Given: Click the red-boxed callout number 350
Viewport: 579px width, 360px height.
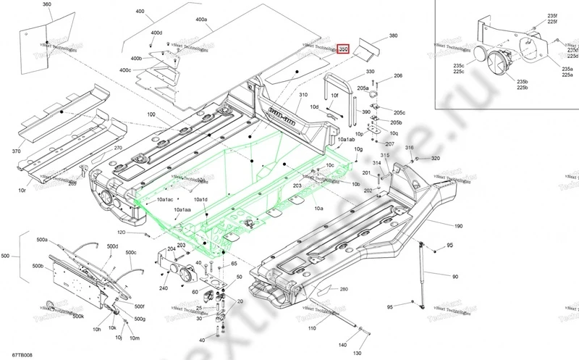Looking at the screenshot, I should tap(344, 49).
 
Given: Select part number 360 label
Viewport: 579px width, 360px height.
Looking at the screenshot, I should tap(47, 4).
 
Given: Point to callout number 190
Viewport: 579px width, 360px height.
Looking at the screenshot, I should tap(458, 226).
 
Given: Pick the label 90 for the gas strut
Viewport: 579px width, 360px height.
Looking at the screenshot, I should tap(455, 277).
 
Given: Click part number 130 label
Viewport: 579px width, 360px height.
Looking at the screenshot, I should tap(356, 353).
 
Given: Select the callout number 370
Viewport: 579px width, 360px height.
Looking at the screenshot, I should tap(16, 151).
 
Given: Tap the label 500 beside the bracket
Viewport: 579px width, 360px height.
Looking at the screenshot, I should tap(7, 256).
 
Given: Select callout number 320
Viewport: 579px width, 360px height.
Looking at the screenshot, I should tap(435, 158).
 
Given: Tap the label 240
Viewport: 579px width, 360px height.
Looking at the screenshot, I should tap(164, 288).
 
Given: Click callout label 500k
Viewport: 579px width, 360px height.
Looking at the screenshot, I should tap(78, 317).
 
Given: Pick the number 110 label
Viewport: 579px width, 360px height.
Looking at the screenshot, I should tap(312, 329).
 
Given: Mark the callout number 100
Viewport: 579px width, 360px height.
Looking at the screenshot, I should tap(151, 114).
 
